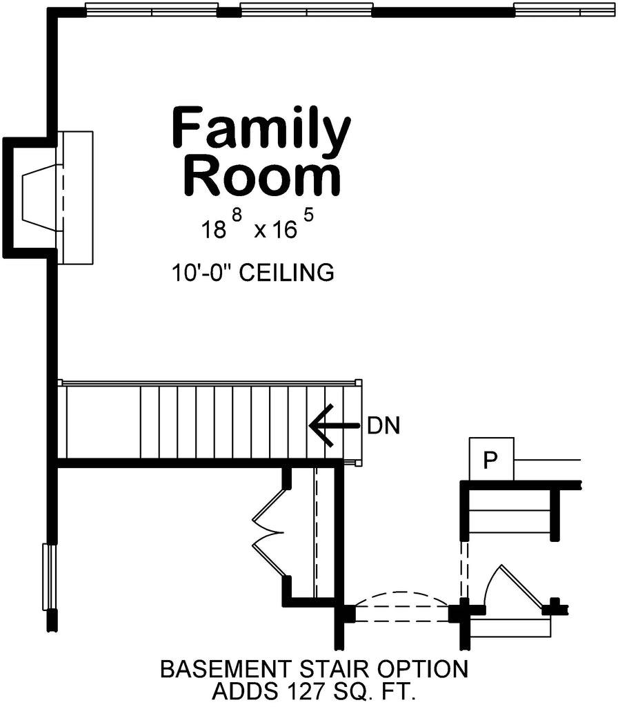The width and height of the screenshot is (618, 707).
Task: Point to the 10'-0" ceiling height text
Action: point(203,273)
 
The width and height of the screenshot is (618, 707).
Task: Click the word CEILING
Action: point(292,273)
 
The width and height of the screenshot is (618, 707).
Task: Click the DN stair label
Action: point(383,425)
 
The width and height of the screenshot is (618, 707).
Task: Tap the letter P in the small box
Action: point(490,460)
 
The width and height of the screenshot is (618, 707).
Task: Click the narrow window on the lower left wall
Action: point(48,577)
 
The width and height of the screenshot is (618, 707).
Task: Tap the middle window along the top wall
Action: point(306,10)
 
